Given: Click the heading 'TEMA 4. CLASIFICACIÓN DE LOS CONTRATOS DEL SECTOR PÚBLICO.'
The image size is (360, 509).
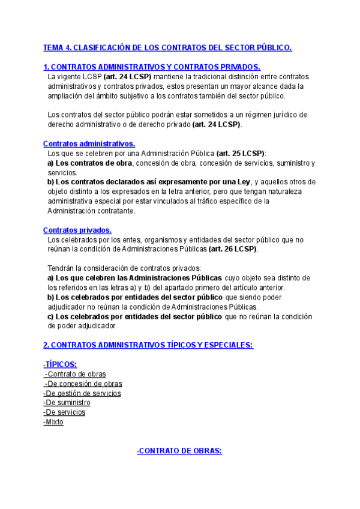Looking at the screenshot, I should pos(167,47).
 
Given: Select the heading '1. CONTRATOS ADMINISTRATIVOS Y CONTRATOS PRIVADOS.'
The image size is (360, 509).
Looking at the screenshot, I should pos(152,67).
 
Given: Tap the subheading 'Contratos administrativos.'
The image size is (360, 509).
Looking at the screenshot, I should pos(89,143).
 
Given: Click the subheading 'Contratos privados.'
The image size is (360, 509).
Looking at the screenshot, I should pos(77,230).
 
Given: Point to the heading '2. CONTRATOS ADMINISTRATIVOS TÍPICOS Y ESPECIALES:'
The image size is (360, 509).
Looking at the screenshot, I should pos(148,345).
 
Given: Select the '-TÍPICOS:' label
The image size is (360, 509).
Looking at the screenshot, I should pos(60,364).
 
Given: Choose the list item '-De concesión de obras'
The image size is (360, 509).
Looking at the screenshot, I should pos(83,384).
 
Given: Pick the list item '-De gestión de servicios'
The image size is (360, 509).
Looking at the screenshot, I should pos(82,393).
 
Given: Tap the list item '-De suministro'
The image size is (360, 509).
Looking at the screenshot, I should pos(67,403).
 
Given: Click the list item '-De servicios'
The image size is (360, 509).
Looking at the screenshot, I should pos(64,412).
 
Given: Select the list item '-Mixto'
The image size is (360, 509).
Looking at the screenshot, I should pos(53,422).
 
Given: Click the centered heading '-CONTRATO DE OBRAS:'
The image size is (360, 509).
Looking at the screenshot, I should pos(179,450).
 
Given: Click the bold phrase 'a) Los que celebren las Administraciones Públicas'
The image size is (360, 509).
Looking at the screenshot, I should pos(135,278).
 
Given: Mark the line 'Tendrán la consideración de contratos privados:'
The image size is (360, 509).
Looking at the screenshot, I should pos(124,268).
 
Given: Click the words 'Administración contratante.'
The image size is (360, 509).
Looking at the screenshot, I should pos(91,211).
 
